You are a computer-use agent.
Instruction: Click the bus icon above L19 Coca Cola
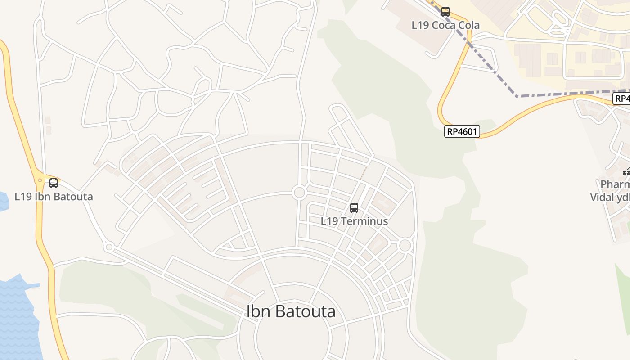(445, 12)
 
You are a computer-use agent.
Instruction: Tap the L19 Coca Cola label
(445, 25)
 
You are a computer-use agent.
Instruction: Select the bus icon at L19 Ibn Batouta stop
(54, 183)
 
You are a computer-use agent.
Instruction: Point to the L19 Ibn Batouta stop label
(54, 197)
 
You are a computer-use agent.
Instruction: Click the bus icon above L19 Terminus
(354, 208)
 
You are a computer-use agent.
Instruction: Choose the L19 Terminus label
(354, 221)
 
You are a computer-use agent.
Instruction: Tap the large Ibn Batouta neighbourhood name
(291, 311)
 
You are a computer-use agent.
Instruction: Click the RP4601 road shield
(462, 131)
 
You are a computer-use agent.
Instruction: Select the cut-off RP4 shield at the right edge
(622, 98)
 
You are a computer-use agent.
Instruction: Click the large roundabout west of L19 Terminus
(299, 193)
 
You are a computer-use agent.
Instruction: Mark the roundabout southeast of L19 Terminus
(405, 245)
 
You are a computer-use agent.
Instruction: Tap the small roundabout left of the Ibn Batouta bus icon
(40, 180)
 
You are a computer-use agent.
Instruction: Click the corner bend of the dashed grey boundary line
(517, 96)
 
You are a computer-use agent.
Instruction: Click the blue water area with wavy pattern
(16, 310)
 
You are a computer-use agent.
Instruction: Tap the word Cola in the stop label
(468, 25)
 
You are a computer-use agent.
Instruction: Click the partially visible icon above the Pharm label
(626, 171)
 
